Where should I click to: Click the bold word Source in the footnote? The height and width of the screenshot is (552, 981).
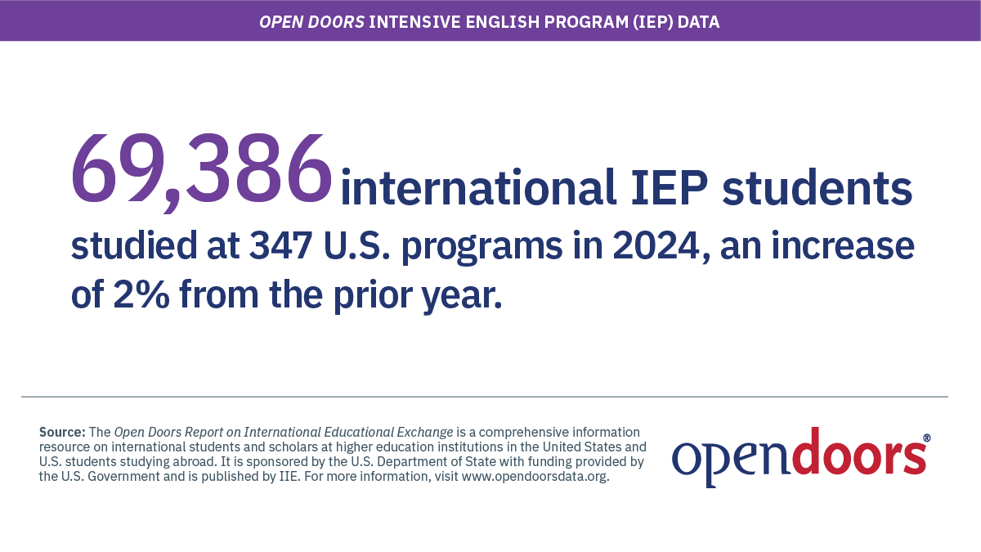(x=61, y=432)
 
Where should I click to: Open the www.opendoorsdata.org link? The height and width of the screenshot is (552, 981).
(x=535, y=477)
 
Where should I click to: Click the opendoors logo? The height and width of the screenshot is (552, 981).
(x=799, y=456)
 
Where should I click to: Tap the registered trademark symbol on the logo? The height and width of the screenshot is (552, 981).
(x=926, y=438)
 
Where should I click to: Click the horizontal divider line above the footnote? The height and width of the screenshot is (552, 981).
(x=484, y=397)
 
